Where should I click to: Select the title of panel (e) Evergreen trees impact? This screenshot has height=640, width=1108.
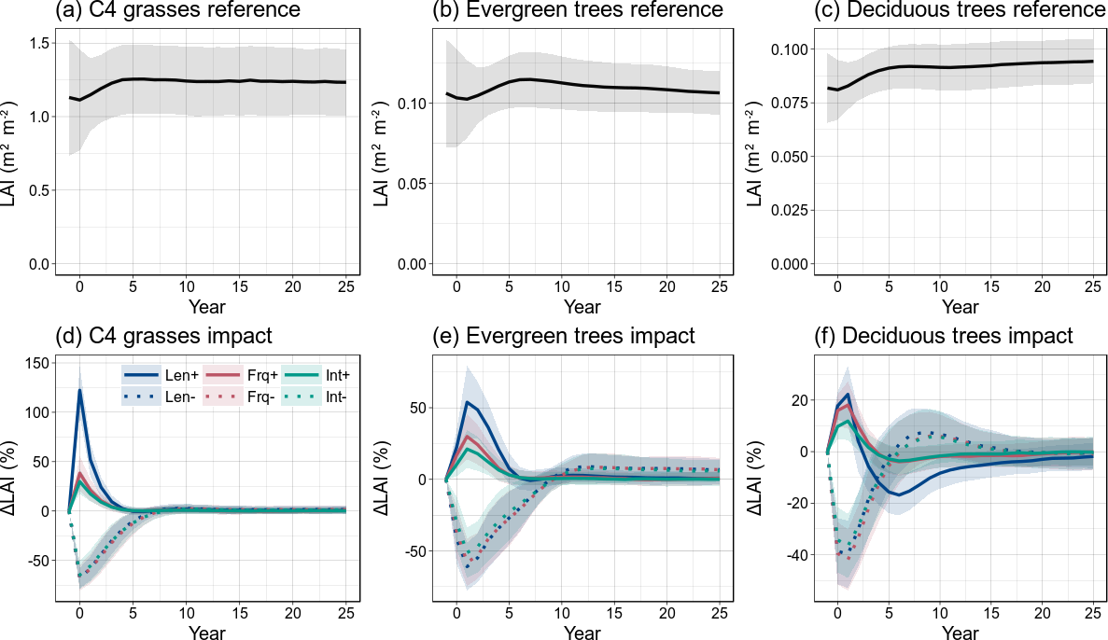point(564,335)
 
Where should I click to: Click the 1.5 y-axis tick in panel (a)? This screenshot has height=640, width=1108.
point(40,43)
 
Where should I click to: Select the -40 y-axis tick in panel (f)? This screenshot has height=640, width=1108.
point(799,555)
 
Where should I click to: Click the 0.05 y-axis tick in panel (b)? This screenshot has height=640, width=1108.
point(414,183)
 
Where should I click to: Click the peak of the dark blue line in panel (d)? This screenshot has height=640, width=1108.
point(79,390)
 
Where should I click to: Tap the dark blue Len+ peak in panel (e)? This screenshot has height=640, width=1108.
point(467,402)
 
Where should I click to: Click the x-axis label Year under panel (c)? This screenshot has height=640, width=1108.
point(961,306)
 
